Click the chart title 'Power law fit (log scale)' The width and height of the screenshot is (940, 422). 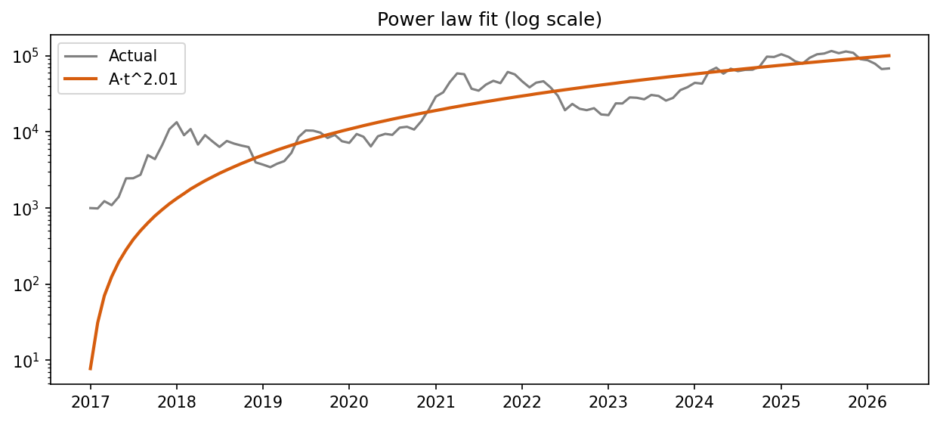coord(490,20)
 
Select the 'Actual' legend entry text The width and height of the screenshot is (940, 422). coord(132,56)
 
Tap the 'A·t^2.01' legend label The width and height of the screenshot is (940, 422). coord(144,79)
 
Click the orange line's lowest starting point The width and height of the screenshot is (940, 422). coord(91,368)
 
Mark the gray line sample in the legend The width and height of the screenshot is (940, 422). coord(82,56)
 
